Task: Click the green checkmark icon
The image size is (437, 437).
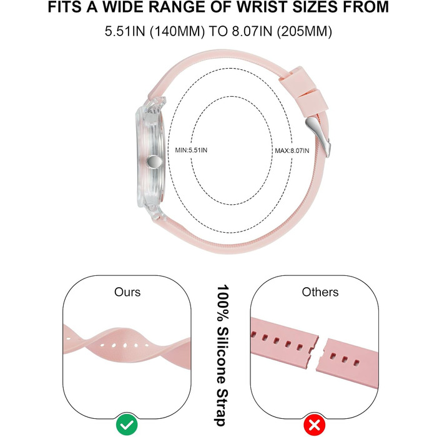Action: tap(127, 425)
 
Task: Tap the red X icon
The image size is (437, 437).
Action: tap(315, 425)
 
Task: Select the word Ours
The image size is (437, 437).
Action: tap(127, 292)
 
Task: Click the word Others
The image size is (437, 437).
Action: tap(320, 292)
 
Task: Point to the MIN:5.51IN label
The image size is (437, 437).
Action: tap(191, 150)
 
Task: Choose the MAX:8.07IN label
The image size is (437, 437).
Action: tap(292, 151)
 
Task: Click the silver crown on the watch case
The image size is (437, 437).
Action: tap(154, 162)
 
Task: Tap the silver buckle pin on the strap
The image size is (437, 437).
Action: tap(318, 136)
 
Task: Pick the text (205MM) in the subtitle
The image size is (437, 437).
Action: tap(305, 31)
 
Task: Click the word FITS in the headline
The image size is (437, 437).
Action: tap(65, 7)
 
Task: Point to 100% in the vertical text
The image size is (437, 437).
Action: tap(223, 302)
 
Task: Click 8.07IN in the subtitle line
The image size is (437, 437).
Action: tap(252, 31)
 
